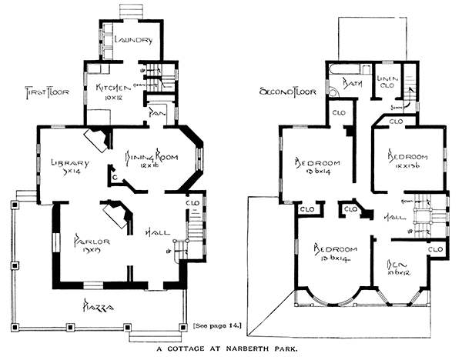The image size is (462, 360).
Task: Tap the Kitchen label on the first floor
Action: click(109, 88)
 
